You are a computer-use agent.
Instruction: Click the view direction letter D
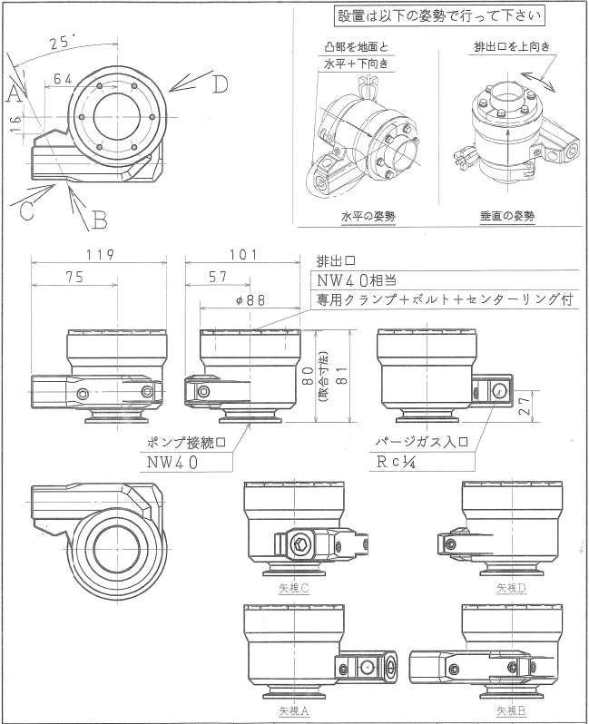tap(219, 85)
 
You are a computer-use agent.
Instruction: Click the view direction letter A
tap(14, 93)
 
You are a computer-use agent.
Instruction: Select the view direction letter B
tap(100, 219)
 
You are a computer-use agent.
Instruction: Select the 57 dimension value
tap(218, 278)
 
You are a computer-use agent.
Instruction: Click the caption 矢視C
tap(294, 588)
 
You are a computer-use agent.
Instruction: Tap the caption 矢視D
tap(514, 588)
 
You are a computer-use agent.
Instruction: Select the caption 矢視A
tap(294, 710)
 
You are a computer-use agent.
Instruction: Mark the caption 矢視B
tap(514, 710)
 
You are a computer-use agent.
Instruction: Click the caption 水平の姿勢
tap(368, 217)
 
